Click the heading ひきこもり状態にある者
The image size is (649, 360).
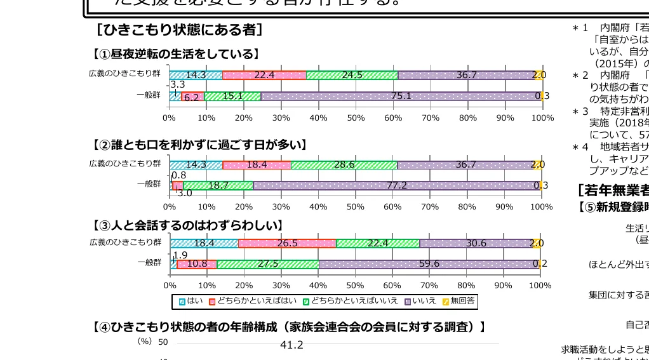(x=180, y=30)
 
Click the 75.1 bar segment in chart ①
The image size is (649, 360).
(x=401, y=96)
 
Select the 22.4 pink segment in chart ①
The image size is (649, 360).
(x=264, y=75)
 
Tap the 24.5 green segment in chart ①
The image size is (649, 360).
(x=352, y=75)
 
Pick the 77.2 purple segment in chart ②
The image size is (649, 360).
(x=396, y=185)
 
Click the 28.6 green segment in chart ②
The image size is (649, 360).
(x=344, y=164)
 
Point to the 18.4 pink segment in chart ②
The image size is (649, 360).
(x=257, y=164)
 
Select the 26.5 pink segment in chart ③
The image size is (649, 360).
(x=287, y=243)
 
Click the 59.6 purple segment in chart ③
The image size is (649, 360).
(x=429, y=263)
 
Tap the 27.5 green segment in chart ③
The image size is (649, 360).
(x=267, y=263)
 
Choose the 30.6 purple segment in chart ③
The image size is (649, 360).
(x=476, y=243)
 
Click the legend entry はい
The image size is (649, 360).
(x=191, y=301)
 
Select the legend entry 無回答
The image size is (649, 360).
(x=458, y=301)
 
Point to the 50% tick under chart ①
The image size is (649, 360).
(x=356, y=118)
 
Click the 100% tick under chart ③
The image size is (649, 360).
(x=540, y=286)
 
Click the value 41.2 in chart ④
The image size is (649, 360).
(x=291, y=345)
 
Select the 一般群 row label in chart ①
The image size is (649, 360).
(x=149, y=95)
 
